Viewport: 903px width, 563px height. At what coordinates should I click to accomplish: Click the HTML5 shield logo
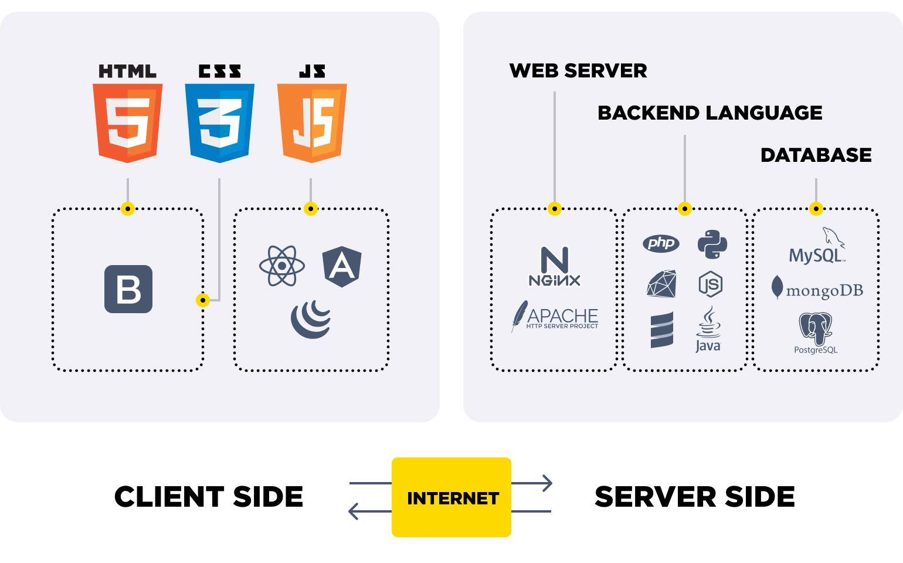tap(128, 123)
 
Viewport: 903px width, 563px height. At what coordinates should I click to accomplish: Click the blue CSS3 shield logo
tap(219, 123)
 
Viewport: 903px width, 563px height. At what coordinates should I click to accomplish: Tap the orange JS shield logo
tap(311, 123)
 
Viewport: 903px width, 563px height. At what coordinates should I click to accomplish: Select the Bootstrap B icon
tap(128, 289)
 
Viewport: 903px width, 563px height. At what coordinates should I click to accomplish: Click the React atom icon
tap(282, 266)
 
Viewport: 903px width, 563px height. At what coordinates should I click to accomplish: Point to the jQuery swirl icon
tap(311, 320)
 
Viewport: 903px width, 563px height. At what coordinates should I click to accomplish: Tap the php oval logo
tap(661, 243)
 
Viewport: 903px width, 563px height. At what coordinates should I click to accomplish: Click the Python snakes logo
tap(712, 245)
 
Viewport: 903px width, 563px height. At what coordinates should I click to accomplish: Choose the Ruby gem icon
tap(661, 284)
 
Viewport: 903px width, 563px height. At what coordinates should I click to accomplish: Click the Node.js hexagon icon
tap(710, 285)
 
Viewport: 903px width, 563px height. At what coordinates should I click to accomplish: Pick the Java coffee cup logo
tap(708, 330)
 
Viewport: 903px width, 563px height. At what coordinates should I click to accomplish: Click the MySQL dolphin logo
tap(817, 246)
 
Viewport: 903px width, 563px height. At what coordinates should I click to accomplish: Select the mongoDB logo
tap(817, 289)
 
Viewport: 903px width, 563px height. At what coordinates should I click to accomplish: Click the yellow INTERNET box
tap(451, 497)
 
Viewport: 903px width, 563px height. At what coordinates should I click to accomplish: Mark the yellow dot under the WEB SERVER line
tap(555, 208)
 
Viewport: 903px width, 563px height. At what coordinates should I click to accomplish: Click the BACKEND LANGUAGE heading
tap(709, 113)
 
